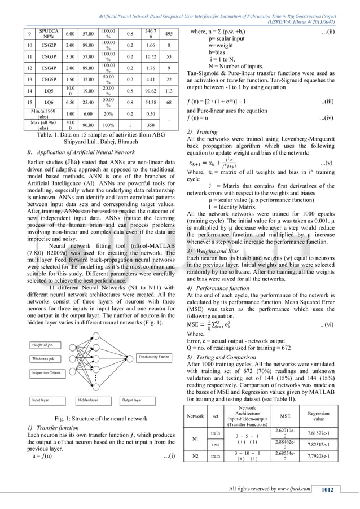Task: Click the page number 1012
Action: [x=323, y=488]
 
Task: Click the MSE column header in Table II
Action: [x=282, y=416]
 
